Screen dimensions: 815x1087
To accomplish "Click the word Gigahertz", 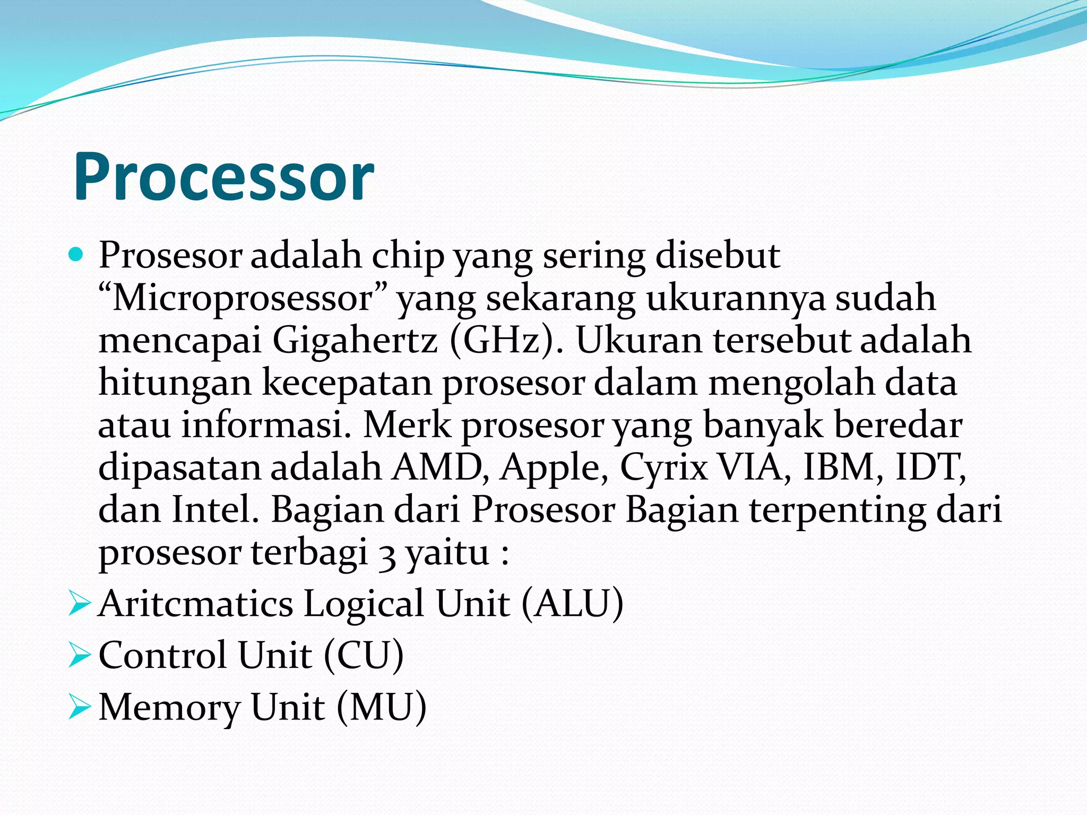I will point(355,341).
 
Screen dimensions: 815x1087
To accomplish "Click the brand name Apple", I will point(554,469).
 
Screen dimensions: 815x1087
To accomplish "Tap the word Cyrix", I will point(664,469).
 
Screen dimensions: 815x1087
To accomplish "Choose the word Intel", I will point(215,510).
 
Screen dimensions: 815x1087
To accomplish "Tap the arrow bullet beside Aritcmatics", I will point(80,604).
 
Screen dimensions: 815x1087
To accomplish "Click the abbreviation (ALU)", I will point(572,604).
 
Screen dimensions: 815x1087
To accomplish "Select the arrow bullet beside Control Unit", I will point(80,656).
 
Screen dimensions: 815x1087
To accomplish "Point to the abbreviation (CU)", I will point(364,656).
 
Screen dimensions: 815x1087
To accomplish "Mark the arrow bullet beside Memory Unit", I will point(80,708).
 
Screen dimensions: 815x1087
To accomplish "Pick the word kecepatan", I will point(347,383).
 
